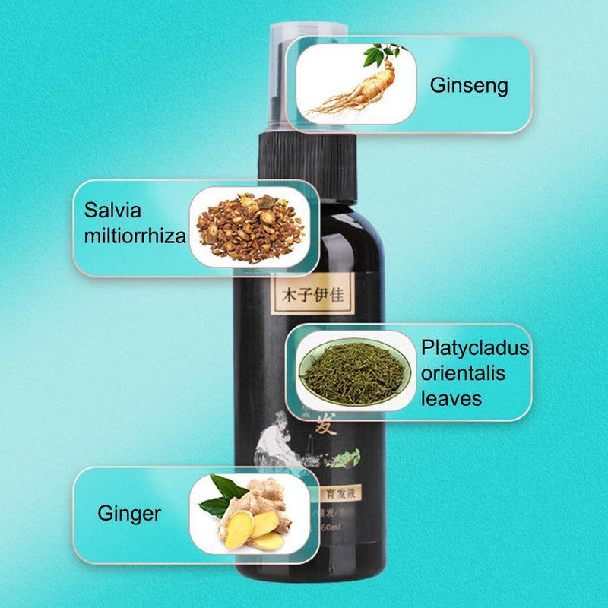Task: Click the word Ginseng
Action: click(469, 85)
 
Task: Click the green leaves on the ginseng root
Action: click(379, 55)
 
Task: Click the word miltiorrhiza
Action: click(135, 236)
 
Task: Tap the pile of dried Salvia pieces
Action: click(251, 226)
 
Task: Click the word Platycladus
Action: click(475, 349)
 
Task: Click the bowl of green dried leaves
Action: click(354, 370)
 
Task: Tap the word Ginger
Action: click(129, 513)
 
